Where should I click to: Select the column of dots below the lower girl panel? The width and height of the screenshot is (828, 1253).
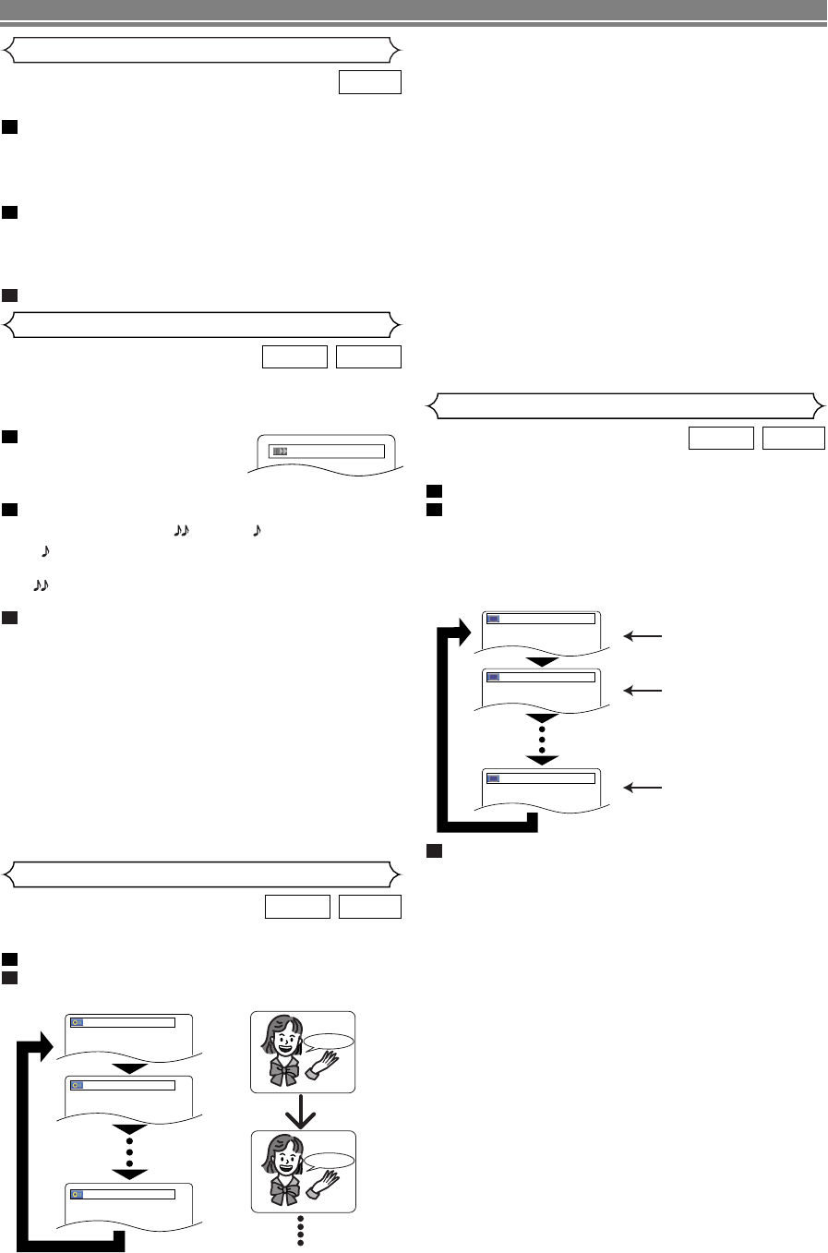click(302, 1231)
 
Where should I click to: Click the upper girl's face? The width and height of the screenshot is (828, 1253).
click(283, 1042)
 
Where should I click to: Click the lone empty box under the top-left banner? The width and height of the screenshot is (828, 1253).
click(369, 82)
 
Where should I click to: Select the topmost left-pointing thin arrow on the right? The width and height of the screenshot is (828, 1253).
click(642, 635)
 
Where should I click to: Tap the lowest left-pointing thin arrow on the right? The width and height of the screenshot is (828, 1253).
click(642, 788)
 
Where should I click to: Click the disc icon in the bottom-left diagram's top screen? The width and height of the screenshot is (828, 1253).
click(77, 1022)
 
